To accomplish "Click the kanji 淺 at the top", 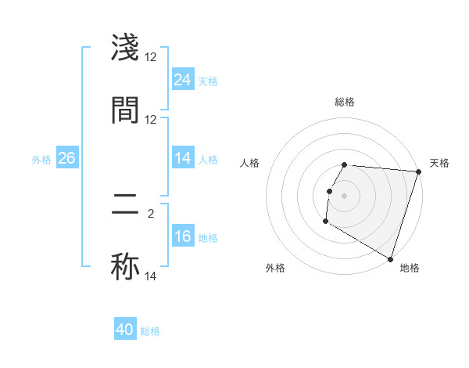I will [x=126, y=49].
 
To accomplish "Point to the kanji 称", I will [x=126, y=265].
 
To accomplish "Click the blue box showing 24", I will [x=183, y=80].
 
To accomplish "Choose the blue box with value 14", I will [x=183, y=158].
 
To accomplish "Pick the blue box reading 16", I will [x=183, y=236].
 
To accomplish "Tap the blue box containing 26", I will [x=66, y=158].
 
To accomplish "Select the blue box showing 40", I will [x=125, y=330].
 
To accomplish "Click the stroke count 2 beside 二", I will [x=151, y=212].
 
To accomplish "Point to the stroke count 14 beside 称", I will [x=151, y=276].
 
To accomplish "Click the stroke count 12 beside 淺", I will [x=151, y=57].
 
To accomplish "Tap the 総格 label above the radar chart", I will [x=345, y=102].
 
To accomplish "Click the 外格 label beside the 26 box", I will [x=41, y=159].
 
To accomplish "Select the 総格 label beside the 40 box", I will [x=150, y=331].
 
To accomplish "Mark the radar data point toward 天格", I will [x=419, y=171].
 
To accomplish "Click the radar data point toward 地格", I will [x=389, y=258].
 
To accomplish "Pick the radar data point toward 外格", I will [x=325, y=222].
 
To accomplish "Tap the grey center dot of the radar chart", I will [x=345, y=195].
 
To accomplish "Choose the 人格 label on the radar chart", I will [x=250, y=163].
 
